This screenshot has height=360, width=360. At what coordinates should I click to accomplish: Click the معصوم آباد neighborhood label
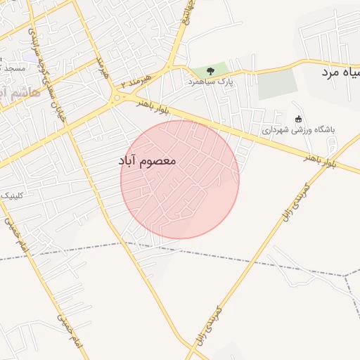pyautogui.click(x=148, y=161)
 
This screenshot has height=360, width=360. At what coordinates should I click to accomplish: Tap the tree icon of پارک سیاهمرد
pyautogui.click(x=210, y=71)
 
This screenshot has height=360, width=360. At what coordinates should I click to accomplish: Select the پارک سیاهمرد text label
pyautogui.click(x=210, y=82)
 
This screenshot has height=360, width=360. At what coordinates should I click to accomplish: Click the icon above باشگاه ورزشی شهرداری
pyautogui.click(x=299, y=118)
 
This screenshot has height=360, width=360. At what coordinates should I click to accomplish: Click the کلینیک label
pyautogui.click(x=10, y=195)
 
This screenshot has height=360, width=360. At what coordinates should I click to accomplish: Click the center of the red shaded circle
pyautogui.click(x=180, y=179)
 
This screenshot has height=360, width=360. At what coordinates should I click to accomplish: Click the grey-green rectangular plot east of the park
pyautogui.click(x=277, y=84)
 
